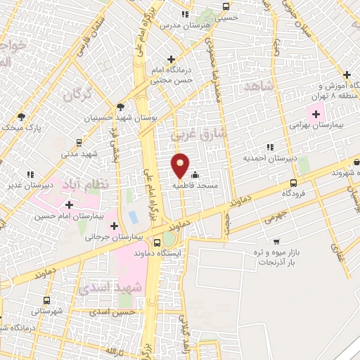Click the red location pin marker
click(180, 165)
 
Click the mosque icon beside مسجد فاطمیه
click(195, 176)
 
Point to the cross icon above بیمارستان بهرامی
click(316, 113)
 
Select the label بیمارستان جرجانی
click(114, 237)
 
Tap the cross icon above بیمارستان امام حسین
click(69, 205)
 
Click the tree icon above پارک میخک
click(22, 116)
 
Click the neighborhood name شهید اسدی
click(110, 289)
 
